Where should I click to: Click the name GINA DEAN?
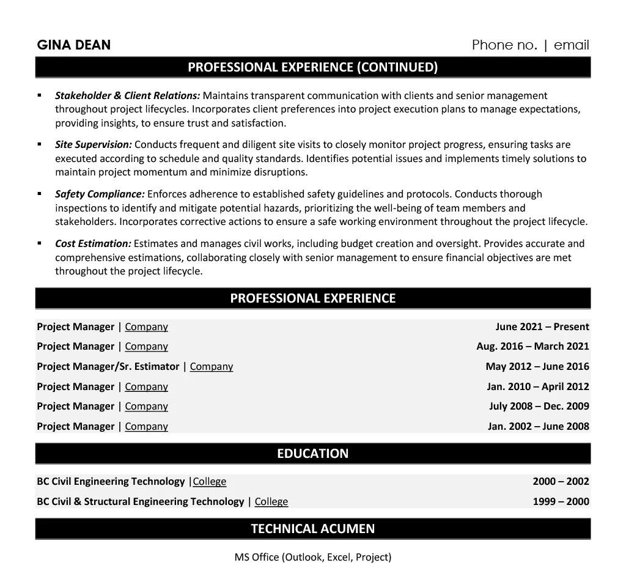(74, 45)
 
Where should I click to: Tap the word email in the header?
(571, 45)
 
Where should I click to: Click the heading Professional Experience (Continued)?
(312, 67)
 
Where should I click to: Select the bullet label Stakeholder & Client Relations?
(127, 95)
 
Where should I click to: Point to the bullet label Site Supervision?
(93, 145)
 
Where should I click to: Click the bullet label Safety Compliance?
(100, 194)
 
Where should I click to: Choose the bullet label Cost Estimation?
(93, 243)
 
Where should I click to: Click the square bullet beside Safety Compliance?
(40, 194)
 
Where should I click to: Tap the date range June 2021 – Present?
(542, 326)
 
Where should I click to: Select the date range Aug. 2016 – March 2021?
(532, 346)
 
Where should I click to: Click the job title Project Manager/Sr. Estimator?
(108, 366)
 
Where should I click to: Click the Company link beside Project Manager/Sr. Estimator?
(212, 366)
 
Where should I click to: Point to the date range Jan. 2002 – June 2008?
(538, 426)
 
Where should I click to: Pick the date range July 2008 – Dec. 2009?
(539, 406)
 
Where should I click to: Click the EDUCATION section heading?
(312, 454)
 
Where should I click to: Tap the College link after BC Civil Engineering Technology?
(210, 481)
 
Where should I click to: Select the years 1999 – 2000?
(561, 501)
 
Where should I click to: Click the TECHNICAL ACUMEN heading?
(312, 529)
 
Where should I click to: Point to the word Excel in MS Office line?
(339, 557)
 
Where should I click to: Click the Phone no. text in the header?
(504, 45)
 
